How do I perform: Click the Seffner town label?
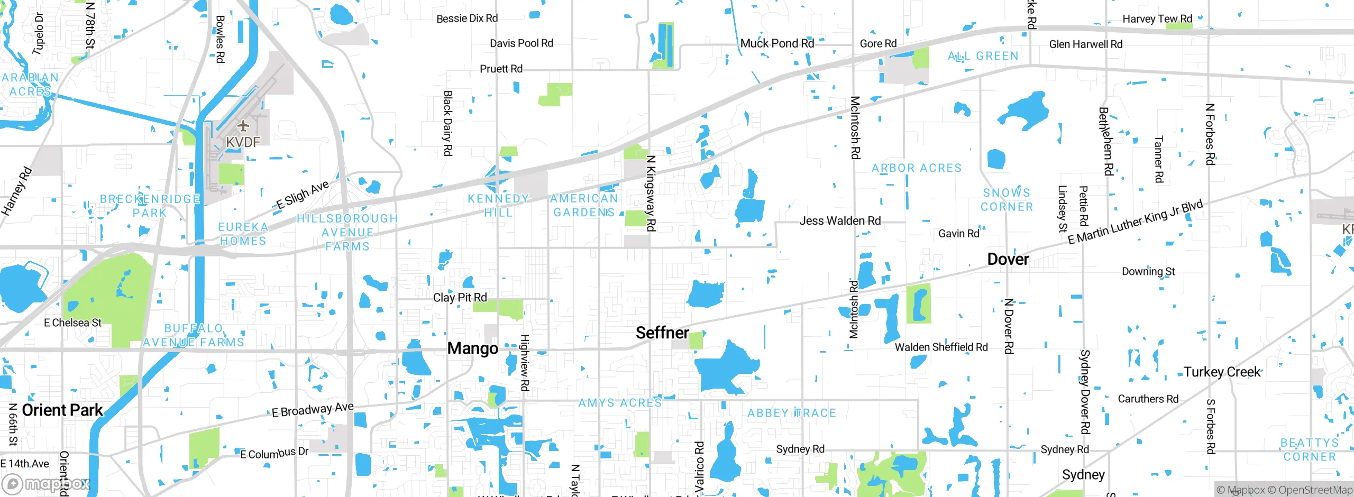(662, 333)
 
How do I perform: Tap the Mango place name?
(472, 348)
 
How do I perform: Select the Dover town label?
(1008, 259)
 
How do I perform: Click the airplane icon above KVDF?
(243, 126)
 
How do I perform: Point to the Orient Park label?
(62, 410)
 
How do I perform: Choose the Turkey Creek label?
(1222, 372)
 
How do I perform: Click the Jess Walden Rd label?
(840, 220)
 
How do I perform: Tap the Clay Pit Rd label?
(460, 297)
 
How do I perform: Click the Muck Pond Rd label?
(777, 43)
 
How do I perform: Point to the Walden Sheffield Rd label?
(941, 347)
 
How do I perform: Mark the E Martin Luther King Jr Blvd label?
(1135, 222)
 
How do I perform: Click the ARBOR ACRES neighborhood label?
(916, 168)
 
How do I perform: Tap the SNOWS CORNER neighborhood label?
(1007, 200)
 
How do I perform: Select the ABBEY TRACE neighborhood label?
(791, 413)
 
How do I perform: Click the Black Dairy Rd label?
(447, 123)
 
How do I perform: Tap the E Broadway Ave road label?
(312, 410)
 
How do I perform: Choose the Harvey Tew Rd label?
(1157, 19)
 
